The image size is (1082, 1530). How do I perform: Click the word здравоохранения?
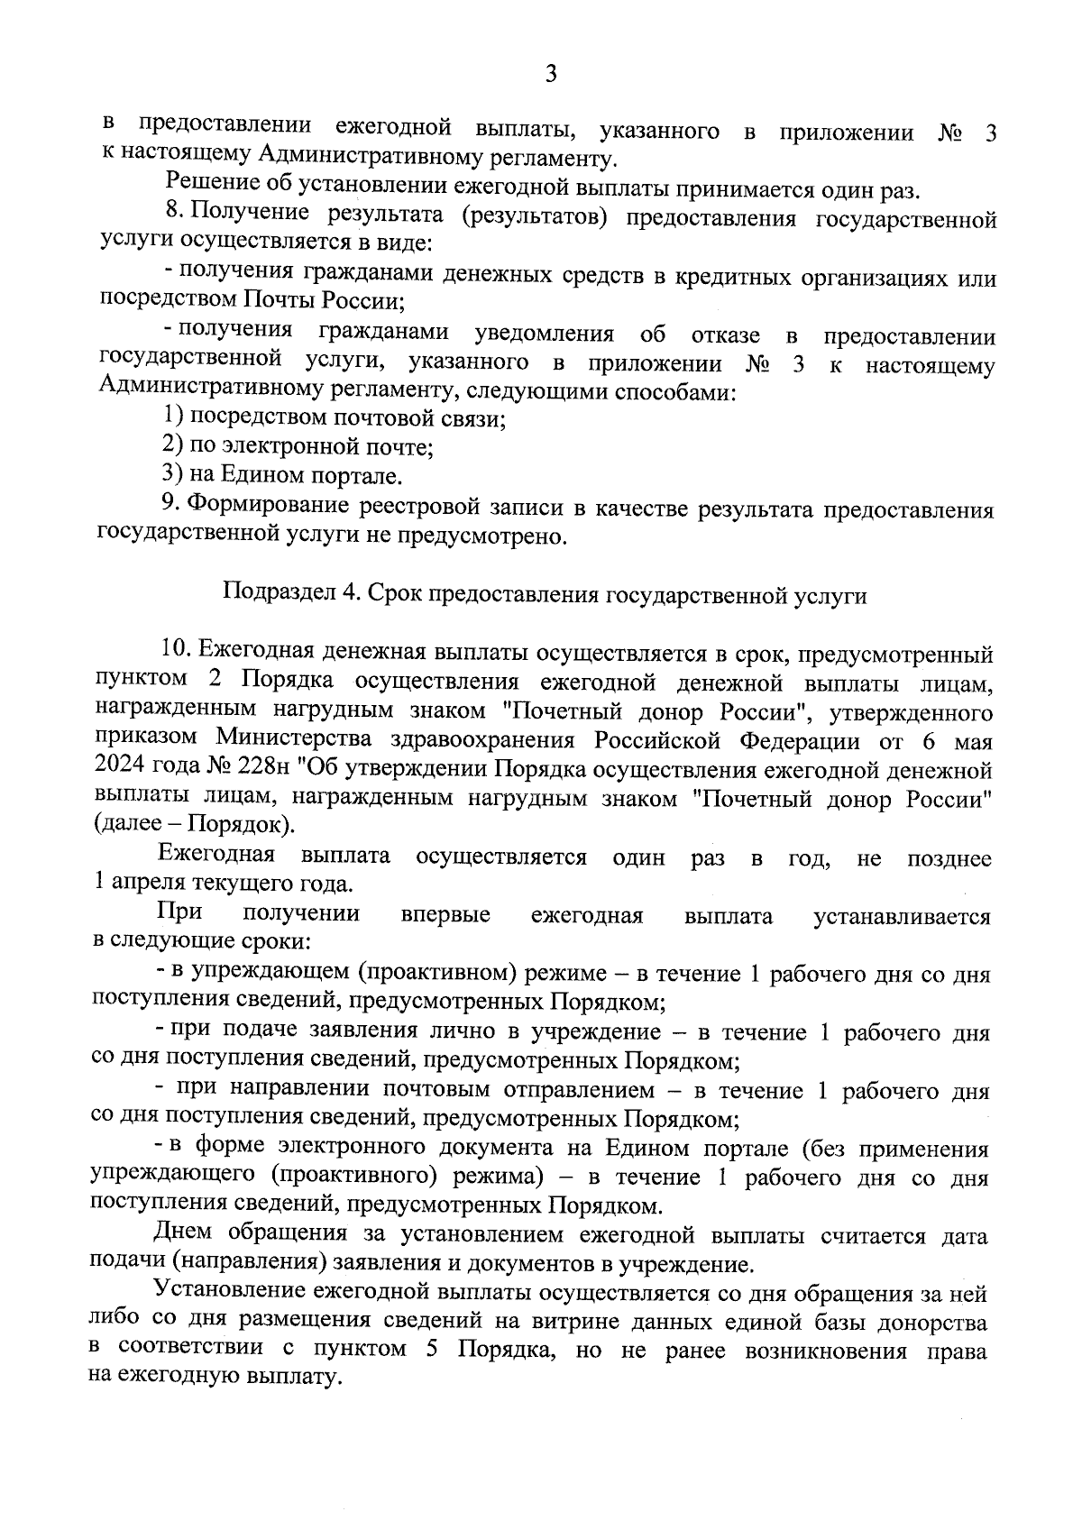484,741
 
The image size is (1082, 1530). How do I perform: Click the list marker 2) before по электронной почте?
173,445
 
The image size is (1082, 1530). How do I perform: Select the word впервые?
445,916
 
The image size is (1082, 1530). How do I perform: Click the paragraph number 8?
175,213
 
